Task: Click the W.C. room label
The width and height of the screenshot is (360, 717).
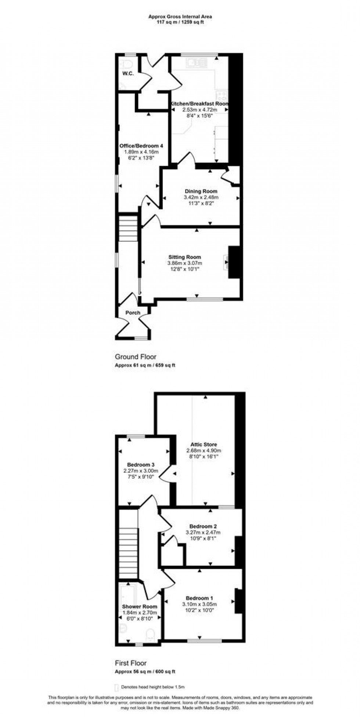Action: point(128,73)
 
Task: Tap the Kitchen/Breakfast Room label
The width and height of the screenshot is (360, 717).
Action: point(199,104)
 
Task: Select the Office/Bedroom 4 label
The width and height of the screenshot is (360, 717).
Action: point(141,145)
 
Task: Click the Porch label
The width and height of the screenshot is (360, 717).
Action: point(133,313)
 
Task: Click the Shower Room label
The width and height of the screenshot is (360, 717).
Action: point(140,606)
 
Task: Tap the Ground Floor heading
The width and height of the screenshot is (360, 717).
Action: point(136,357)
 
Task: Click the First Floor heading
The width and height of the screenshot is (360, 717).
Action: point(130,663)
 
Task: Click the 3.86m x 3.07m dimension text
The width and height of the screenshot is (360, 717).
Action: point(184,263)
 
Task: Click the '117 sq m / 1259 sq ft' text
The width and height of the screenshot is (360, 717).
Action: point(180,22)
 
